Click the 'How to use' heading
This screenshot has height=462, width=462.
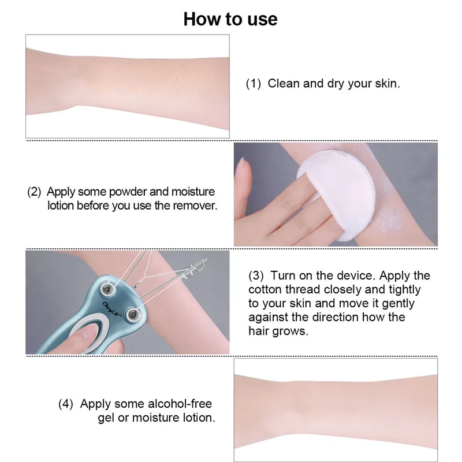230,18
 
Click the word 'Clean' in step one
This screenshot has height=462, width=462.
284,84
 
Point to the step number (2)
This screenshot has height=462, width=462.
35,192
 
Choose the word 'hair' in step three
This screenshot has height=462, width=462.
259,331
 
